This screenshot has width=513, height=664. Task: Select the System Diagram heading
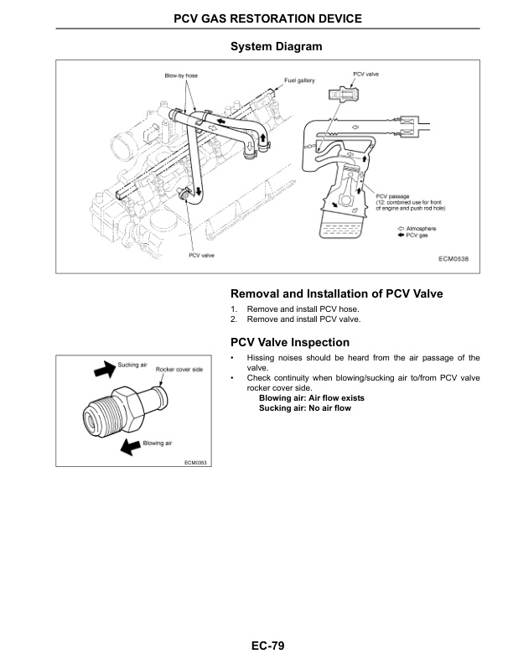click(276, 47)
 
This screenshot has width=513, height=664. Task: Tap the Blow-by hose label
click(180, 77)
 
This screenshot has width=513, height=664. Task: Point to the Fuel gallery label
click(299, 80)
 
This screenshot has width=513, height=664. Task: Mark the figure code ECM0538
click(453, 258)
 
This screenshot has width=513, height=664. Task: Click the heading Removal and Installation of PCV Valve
click(336, 294)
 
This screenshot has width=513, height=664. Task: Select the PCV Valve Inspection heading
click(289, 342)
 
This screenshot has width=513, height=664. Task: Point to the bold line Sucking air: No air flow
click(304, 408)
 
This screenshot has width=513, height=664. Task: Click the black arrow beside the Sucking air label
click(101, 369)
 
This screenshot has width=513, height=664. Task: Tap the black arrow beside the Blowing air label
click(128, 447)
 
